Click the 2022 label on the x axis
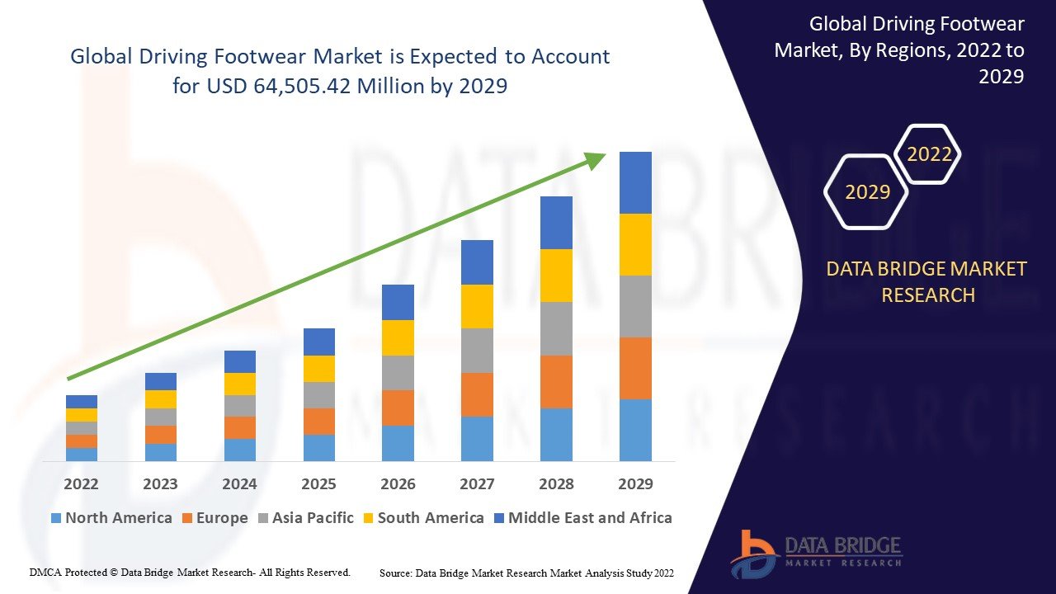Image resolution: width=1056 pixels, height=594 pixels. coord(81,483)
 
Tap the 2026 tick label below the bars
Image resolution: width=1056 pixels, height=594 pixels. coord(398,483)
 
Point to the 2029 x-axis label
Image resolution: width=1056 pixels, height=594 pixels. coord(635,483)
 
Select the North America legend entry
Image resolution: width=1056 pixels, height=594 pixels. coord(111,518)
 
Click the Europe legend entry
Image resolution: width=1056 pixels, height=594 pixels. coord(214,518)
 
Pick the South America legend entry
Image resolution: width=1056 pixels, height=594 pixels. coord(422,518)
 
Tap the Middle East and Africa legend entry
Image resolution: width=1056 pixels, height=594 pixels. coord(582,518)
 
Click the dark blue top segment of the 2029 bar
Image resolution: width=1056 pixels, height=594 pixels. coord(635,182)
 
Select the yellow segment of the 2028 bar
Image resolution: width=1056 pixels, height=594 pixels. coord(556,276)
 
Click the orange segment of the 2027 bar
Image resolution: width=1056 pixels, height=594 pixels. coord(477,394)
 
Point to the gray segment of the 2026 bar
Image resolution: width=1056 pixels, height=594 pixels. coord(398,373)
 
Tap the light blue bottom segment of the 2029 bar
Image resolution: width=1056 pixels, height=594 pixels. coord(635,430)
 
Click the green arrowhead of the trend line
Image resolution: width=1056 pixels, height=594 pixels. coord(596,160)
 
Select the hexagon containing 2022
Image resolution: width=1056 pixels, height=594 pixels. coord(929,154)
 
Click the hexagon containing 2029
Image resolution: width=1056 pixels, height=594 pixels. coord(867,192)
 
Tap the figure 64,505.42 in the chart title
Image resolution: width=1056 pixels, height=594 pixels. coord(301,86)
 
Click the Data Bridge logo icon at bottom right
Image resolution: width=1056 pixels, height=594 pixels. coord(752,553)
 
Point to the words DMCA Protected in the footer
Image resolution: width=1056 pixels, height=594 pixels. coord(69,572)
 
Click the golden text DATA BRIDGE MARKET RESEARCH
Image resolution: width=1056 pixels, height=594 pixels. coord(927,281)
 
